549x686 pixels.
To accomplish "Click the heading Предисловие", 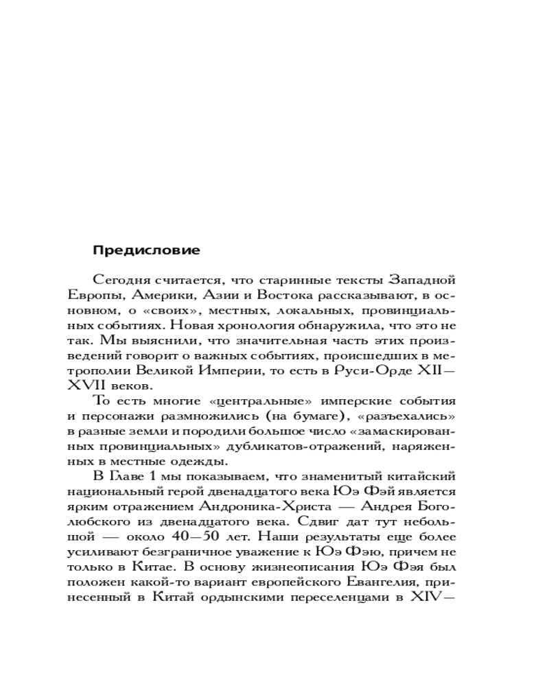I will (146, 250).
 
